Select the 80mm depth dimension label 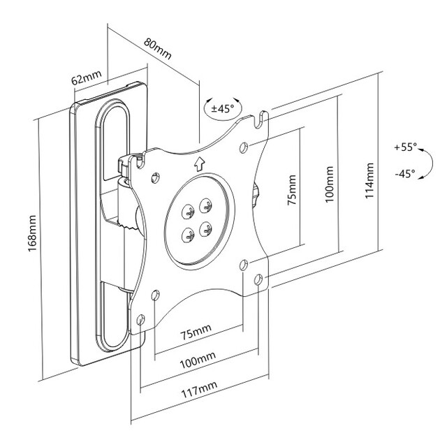[159, 47]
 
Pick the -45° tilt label [404, 173]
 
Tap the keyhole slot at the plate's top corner [261, 120]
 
